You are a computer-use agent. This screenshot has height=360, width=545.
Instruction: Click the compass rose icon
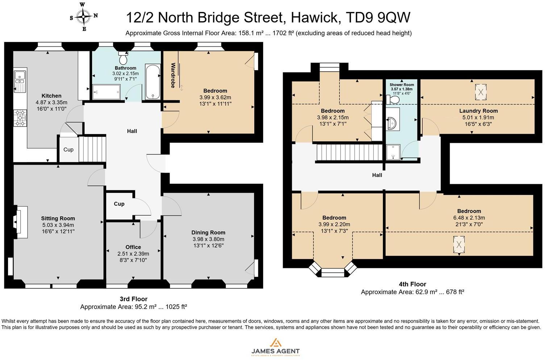pyautogui.click(x=84, y=16)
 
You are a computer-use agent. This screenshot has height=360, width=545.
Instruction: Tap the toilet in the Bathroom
pyautogui.click(x=123, y=58)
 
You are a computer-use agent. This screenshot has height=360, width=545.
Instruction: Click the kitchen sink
pyautogui.click(x=19, y=82)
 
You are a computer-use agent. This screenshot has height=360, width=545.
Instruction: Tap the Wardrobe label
pyautogui.click(x=173, y=75)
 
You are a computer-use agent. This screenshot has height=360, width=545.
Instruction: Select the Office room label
pyautogui.click(x=133, y=247)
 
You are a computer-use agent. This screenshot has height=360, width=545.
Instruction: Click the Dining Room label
pyautogui.click(x=208, y=233)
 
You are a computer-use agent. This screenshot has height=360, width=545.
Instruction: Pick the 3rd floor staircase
pyautogui.click(x=92, y=149)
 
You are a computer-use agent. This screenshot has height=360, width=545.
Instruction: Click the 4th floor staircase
pyautogui.click(x=349, y=152)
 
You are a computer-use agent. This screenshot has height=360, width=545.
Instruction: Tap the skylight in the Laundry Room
pyautogui.click(x=480, y=92)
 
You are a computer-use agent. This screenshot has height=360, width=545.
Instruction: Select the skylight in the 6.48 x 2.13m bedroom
pyautogui.click(x=459, y=244)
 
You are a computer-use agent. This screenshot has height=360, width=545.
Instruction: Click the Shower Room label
pyautogui.click(x=402, y=85)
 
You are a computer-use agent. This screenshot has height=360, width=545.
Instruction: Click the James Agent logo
pyautogui.click(x=275, y=347)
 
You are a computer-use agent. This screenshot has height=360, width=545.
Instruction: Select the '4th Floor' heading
pyautogui.click(x=412, y=284)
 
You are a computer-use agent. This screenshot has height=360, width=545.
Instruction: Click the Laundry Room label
pyautogui.click(x=478, y=111)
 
